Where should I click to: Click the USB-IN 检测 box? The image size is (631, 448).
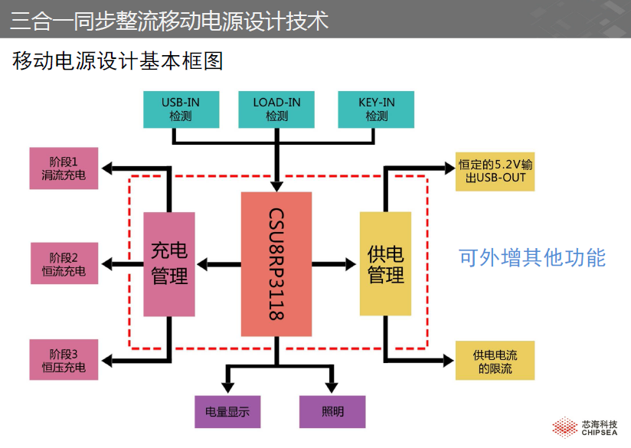(181, 110)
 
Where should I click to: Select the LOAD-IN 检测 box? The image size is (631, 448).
(276, 110)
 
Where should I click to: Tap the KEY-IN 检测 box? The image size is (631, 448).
(376, 110)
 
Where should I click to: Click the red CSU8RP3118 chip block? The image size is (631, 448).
(276, 264)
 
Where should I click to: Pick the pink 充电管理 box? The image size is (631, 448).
(169, 264)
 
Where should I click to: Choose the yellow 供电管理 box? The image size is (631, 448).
(385, 264)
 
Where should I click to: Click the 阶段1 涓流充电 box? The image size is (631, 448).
(64, 168)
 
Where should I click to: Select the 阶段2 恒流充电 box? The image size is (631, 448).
(64, 264)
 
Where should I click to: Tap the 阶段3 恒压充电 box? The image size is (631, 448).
(64, 360)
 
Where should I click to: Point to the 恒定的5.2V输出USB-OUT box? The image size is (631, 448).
(495, 171)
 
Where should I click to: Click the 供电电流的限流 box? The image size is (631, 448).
(495, 361)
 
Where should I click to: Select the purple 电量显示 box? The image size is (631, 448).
(227, 412)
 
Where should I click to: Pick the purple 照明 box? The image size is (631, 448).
(332, 412)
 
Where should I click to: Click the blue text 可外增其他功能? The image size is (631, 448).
(531, 258)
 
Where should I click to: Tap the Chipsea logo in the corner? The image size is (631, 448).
(586, 427)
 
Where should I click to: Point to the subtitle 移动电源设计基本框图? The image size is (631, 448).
(118, 61)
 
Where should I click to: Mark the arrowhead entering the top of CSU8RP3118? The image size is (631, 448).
(276, 185)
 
